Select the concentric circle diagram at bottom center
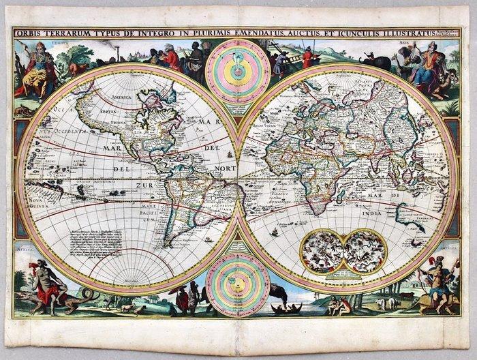pyautogui.click(x=238, y=280)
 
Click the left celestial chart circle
pyautogui.click(x=324, y=250)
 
